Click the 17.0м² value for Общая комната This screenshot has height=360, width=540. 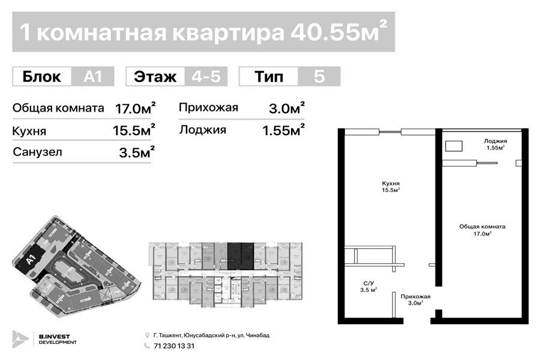coord(136,109)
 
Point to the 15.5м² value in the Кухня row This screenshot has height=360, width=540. coord(134,130)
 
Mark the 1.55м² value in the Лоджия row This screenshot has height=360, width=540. coord(281,129)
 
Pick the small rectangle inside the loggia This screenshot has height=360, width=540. coord(454,145)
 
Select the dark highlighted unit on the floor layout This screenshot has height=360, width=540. coord(240,255)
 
